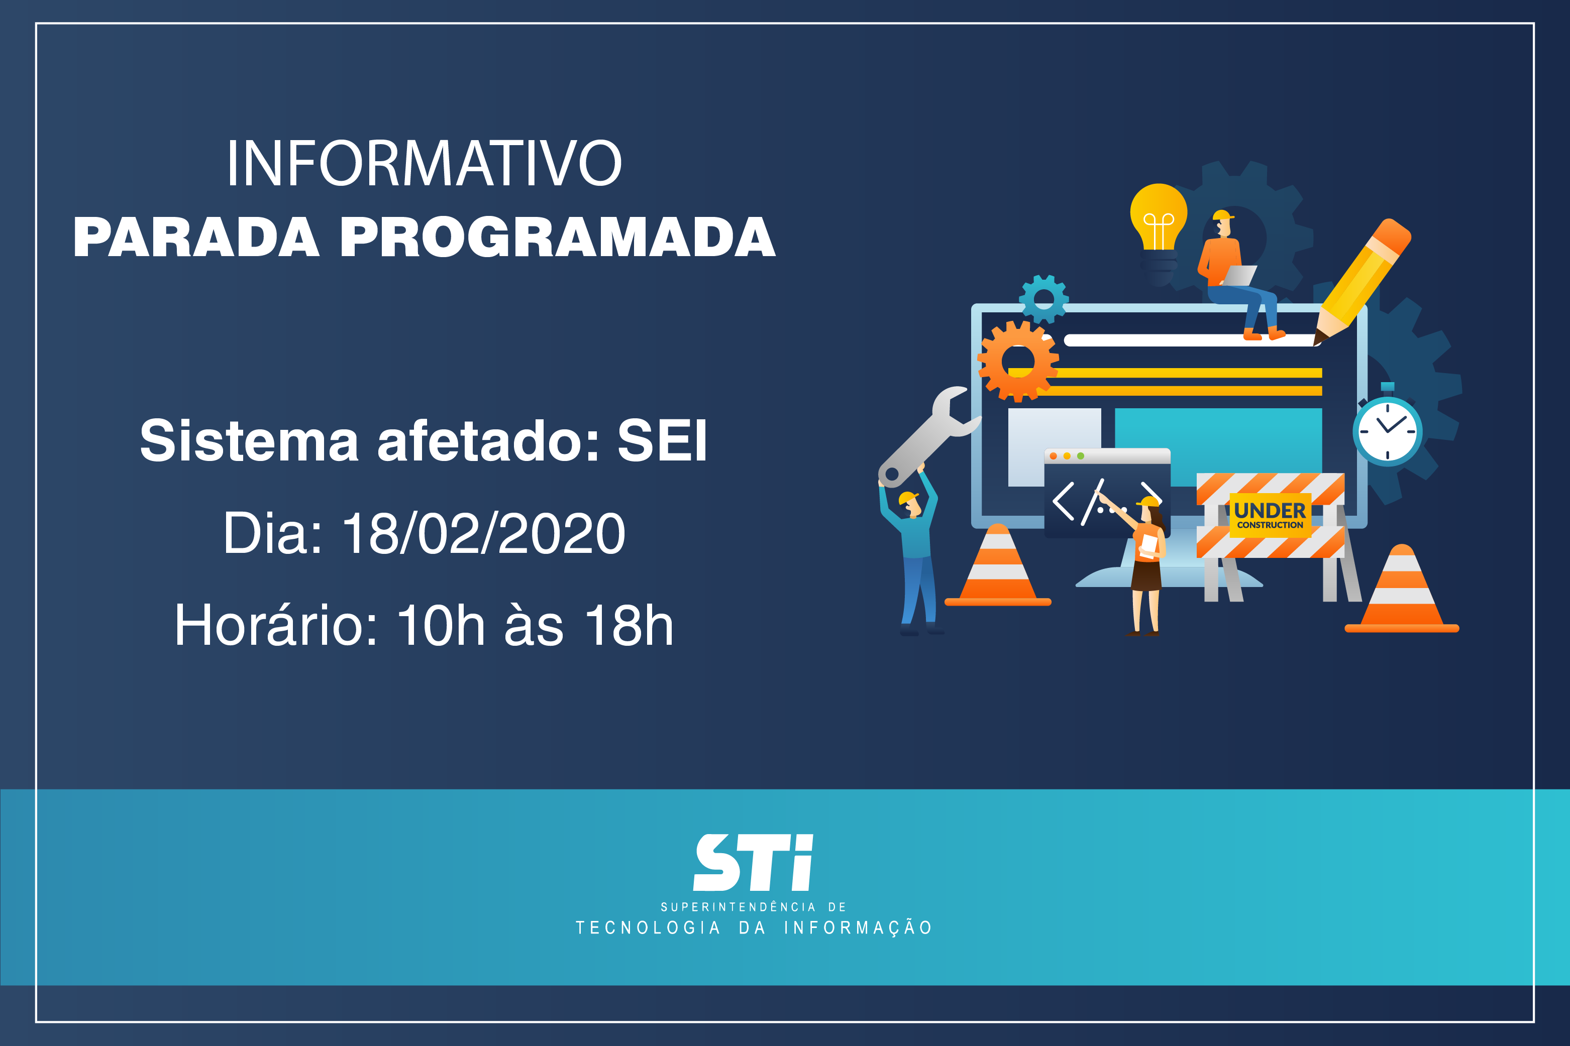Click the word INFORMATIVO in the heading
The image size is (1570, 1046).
pos(425,163)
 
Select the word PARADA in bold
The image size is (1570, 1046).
pos(196,237)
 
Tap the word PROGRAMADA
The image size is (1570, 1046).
pos(558,237)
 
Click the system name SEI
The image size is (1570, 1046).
pos(662,440)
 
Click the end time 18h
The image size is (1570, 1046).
pos(629,625)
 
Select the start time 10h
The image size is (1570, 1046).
pos(441,625)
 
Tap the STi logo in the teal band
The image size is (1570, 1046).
pos(753,863)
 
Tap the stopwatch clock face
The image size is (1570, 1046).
pos(1387,430)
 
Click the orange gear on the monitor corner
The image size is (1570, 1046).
pos(1017,361)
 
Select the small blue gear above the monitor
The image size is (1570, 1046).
pos(1043,299)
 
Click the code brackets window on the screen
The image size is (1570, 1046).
pos(1107,493)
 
